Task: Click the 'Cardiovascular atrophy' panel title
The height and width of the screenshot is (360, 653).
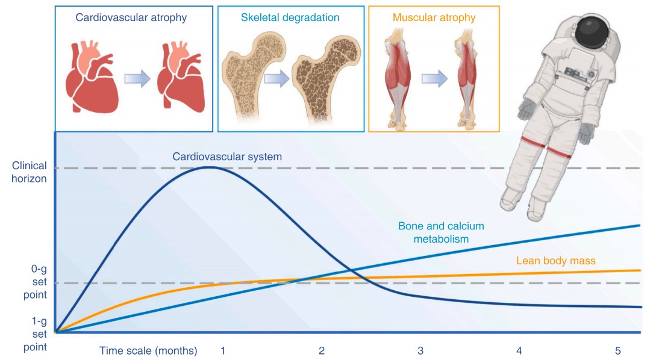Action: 131,18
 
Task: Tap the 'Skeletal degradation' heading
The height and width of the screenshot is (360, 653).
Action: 290,18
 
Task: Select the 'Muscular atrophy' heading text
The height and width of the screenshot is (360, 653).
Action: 434,18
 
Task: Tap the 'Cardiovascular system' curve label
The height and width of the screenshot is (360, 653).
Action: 227,157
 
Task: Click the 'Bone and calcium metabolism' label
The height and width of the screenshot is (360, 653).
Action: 441,232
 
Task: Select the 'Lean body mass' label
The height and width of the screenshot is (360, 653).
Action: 555,261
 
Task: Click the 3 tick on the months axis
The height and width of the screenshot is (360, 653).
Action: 420,350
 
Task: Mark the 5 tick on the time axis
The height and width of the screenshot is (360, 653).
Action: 617,350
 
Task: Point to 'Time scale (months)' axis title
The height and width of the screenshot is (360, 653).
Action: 148,350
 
